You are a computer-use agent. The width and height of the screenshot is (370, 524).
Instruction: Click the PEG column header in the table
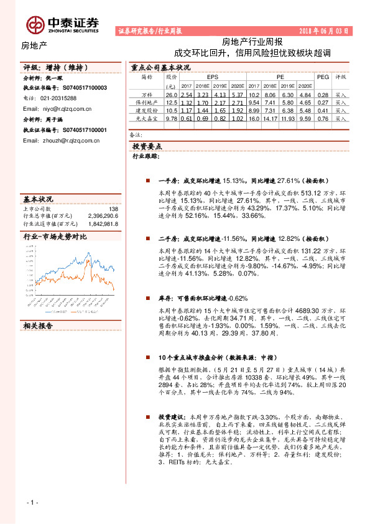coord(323,77)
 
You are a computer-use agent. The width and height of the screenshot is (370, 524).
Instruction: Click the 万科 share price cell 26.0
coord(172,94)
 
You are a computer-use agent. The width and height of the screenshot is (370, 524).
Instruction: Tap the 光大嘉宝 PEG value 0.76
coord(323,118)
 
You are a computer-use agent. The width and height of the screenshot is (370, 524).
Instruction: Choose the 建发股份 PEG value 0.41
coord(323,110)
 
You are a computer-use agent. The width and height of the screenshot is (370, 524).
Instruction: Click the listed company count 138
coord(113,209)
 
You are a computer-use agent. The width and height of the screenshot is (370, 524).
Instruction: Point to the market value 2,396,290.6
coord(100,216)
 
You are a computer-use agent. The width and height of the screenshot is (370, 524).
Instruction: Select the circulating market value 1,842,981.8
coord(100,223)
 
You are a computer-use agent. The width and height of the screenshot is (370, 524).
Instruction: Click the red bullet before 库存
coord(147,298)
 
